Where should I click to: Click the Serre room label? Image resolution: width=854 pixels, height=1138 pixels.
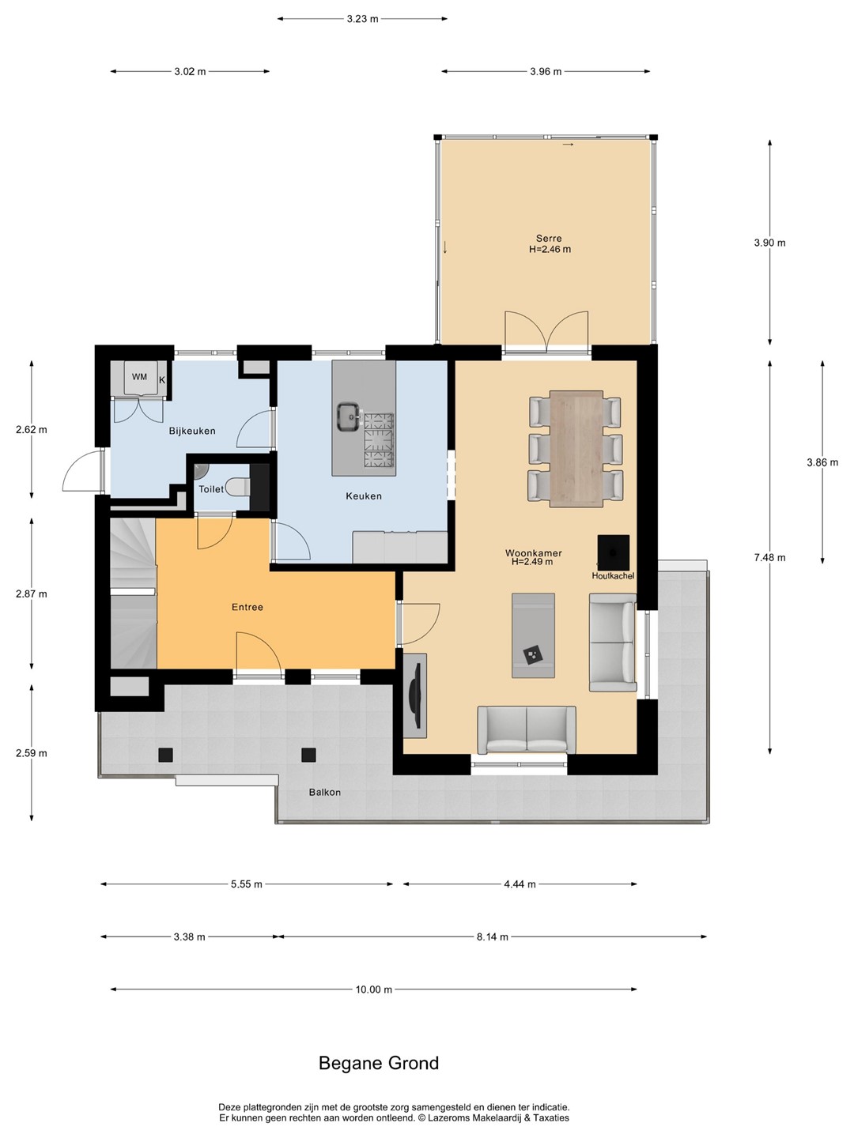click(x=549, y=239)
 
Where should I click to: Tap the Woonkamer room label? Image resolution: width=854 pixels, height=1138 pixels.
click(x=534, y=553)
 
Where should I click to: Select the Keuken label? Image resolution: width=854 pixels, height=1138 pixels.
click(x=364, y=496)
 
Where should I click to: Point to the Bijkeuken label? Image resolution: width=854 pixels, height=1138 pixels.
click(x=192, y=431)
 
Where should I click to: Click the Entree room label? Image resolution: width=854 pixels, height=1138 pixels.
click(x=248, y=607)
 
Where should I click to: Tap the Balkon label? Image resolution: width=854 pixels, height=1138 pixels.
click(x=324, y=792)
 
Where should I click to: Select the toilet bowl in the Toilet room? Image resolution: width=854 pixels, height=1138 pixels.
click(x=238, y=488)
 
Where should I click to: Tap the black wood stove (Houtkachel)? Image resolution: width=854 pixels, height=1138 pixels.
click(x=614, y=553)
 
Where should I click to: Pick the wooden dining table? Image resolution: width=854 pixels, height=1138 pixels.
click(x=576, y=449)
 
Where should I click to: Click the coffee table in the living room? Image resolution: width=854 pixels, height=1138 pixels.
click(x=533, y=635)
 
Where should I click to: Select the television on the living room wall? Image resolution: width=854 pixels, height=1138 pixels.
click(x=415, y=695)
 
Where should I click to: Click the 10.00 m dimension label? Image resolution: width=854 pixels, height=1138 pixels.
click(x=373, y=989)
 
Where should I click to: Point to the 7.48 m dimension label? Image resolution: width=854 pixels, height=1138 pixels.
click(x=769, y=558)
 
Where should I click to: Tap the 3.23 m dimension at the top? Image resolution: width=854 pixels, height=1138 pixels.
click(x=362, y=19)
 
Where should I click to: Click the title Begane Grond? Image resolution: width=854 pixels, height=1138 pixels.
click(x=379, y=1063)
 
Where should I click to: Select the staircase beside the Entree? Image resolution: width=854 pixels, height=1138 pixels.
click(x=133, y=594)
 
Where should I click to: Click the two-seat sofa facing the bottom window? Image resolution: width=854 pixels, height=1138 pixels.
click(x=527, y=729)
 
